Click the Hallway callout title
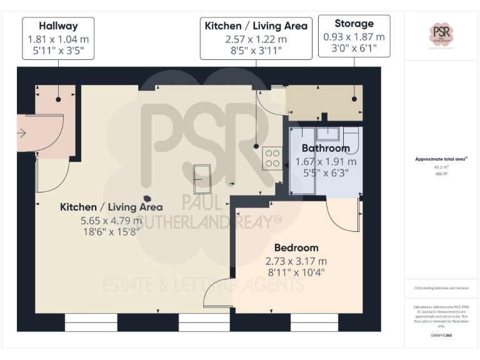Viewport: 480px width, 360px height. click(58, 26)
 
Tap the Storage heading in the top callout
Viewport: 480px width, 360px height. click(354, 24)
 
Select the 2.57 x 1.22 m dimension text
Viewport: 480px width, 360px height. click(256, 38)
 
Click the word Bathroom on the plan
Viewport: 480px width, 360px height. click(326, 149)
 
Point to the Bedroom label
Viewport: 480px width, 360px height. click(296, 247)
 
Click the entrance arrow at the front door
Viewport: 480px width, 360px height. click(21, 132)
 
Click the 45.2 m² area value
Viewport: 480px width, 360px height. click(441, 167)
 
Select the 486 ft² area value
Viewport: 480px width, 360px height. click(441, 174)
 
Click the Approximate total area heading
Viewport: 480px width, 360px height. click(441, 159)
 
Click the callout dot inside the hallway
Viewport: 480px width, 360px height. click(58, 99)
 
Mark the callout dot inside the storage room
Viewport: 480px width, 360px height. click(354, 99)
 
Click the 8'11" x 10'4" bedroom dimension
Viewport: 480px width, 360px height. click(296, 272)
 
